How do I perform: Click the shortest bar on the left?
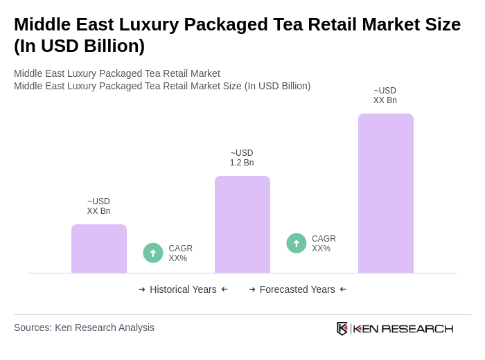click(99, 249)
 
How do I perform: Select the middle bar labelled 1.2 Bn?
click(242, 224)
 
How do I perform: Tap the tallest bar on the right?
click(386, 193)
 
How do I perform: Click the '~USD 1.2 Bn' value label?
click(242, 158)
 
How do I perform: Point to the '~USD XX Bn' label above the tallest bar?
click(385, 96)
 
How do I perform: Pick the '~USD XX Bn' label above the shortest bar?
click(98, 206)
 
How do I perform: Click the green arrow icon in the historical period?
click(153, 253)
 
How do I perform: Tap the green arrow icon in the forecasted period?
click(297, 243)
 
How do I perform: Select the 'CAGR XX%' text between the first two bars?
click(180, 253)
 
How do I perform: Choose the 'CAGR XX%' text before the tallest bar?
click(324, 244)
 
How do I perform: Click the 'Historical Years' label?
click(183, 289)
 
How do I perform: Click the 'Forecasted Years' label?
click(297, 289)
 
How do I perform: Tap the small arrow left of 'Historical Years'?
click(142, 289)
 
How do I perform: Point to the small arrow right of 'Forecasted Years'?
click(343, 289)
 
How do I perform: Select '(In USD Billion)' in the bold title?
click(79, 46)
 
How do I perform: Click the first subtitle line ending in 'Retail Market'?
click(117, 73)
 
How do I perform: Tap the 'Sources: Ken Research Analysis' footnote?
click(84, 327)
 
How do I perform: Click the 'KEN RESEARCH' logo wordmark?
click(403, 329)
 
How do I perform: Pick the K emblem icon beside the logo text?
click(342, 328)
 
